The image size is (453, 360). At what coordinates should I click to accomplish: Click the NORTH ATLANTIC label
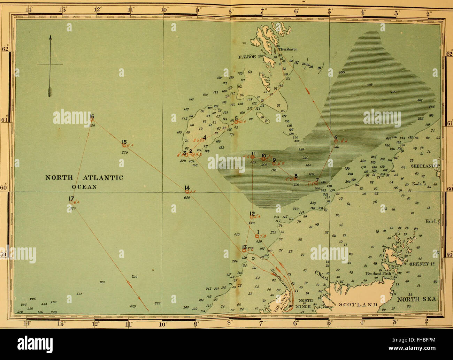pos(85,178)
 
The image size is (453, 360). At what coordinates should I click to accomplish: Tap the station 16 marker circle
pos(92,120)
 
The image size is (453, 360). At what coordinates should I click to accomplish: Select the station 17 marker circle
pos(71,202)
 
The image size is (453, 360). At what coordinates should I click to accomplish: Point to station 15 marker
pos(124,146)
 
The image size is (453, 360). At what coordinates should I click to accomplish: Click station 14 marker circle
pos(187,191)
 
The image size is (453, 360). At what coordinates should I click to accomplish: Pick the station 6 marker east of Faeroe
pos(336,141)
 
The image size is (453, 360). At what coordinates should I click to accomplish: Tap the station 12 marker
pos(252,217)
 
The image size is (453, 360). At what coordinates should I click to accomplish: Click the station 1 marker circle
pos(257,236)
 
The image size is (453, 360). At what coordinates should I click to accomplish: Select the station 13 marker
pos(244,250)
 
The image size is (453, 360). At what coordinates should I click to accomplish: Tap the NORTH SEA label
pos(417,299)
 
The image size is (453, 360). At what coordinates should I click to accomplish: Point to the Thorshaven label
pos(288,49)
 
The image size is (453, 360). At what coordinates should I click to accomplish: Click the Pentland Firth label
pos(379,274)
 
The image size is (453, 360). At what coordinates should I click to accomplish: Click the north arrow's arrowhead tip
pos(50,36)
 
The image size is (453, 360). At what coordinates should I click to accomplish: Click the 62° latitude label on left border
pos(5,49)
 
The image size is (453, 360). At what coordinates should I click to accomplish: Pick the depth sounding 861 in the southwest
pos(102,282)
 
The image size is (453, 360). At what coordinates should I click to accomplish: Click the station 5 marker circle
pos(236,122)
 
